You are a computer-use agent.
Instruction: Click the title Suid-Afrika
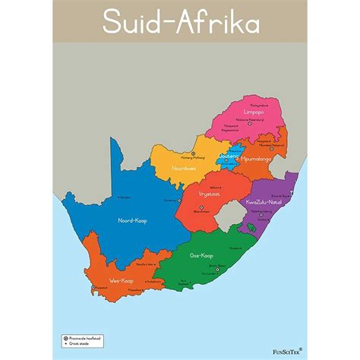click(x=180, y=24)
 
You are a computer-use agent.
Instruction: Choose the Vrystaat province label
click(x=210, y=194)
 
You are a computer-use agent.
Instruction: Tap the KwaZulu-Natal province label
click(x=265, y=202)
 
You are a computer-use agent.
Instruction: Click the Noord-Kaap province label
click(x=131, y=220)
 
